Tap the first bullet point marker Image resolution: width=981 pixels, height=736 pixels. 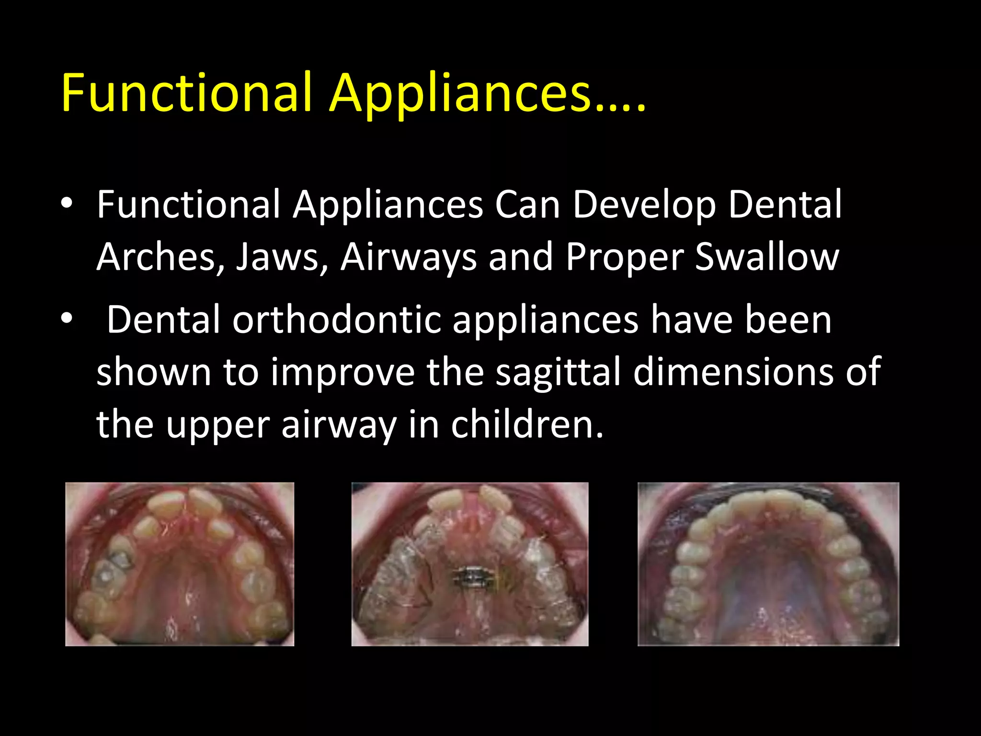[67, 203]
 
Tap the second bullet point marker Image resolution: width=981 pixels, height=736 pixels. [67, 318]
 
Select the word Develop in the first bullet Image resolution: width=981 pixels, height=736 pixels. [644, 205]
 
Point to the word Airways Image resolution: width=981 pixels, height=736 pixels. [409, 257]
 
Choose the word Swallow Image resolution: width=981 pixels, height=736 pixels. [766, 257]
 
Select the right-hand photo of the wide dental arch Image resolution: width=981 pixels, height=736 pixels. [768, 564]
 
